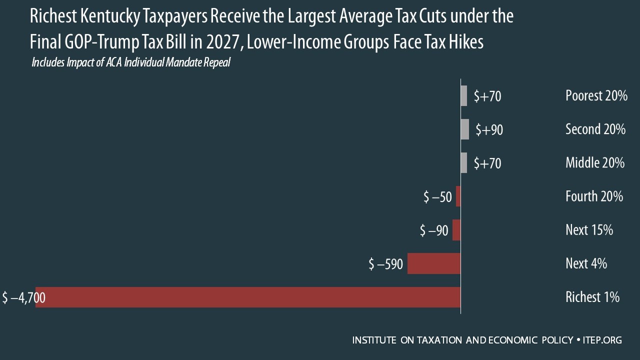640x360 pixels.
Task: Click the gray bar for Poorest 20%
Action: click(463, 95)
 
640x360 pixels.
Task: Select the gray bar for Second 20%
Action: click(464, 129)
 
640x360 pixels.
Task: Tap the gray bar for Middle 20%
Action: click(463, 162)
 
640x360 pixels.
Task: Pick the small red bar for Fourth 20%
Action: click(458, 196)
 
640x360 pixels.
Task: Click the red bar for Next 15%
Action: click(456, 230)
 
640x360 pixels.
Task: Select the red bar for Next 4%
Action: click(434, 263)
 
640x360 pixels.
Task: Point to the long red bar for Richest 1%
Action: click(250, 297)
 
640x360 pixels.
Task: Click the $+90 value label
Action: click(489, 130)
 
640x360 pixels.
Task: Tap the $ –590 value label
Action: click(385, 264)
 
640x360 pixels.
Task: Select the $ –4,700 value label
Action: click(23, 298)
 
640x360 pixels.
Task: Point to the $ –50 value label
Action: click(437, 197)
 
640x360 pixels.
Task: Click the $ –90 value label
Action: click(434, 230)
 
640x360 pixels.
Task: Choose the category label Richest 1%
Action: click(592, 297)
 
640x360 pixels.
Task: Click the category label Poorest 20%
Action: click(596, 95)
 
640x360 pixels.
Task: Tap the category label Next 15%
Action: click(589, 230)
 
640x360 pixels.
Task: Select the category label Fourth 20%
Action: click(594, 196)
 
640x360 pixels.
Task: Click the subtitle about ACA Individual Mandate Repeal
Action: click(130, 63)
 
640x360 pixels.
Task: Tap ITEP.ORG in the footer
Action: click(602, 340)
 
